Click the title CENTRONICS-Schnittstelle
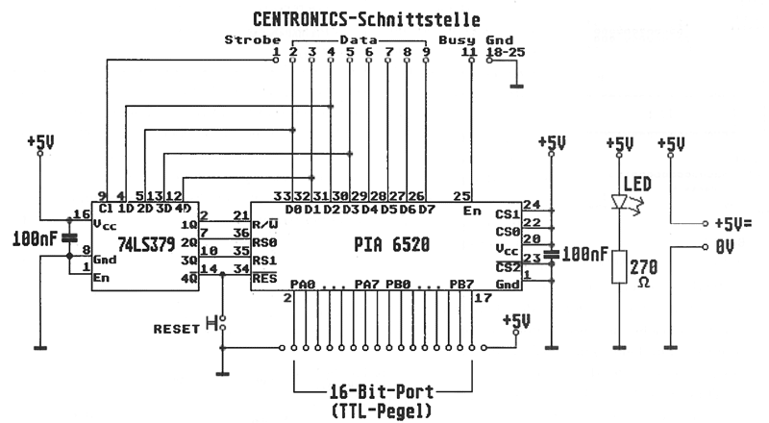point(366,18)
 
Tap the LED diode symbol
point(618,203)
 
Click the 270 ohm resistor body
point(618,269)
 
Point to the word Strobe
point(245,39)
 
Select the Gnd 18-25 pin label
point(504,46)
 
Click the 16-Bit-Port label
point(384,391)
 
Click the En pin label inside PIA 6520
point(471,211)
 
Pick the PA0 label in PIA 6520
point(303,285)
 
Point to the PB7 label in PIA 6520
point(460,285)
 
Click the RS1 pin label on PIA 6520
point(264,260)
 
